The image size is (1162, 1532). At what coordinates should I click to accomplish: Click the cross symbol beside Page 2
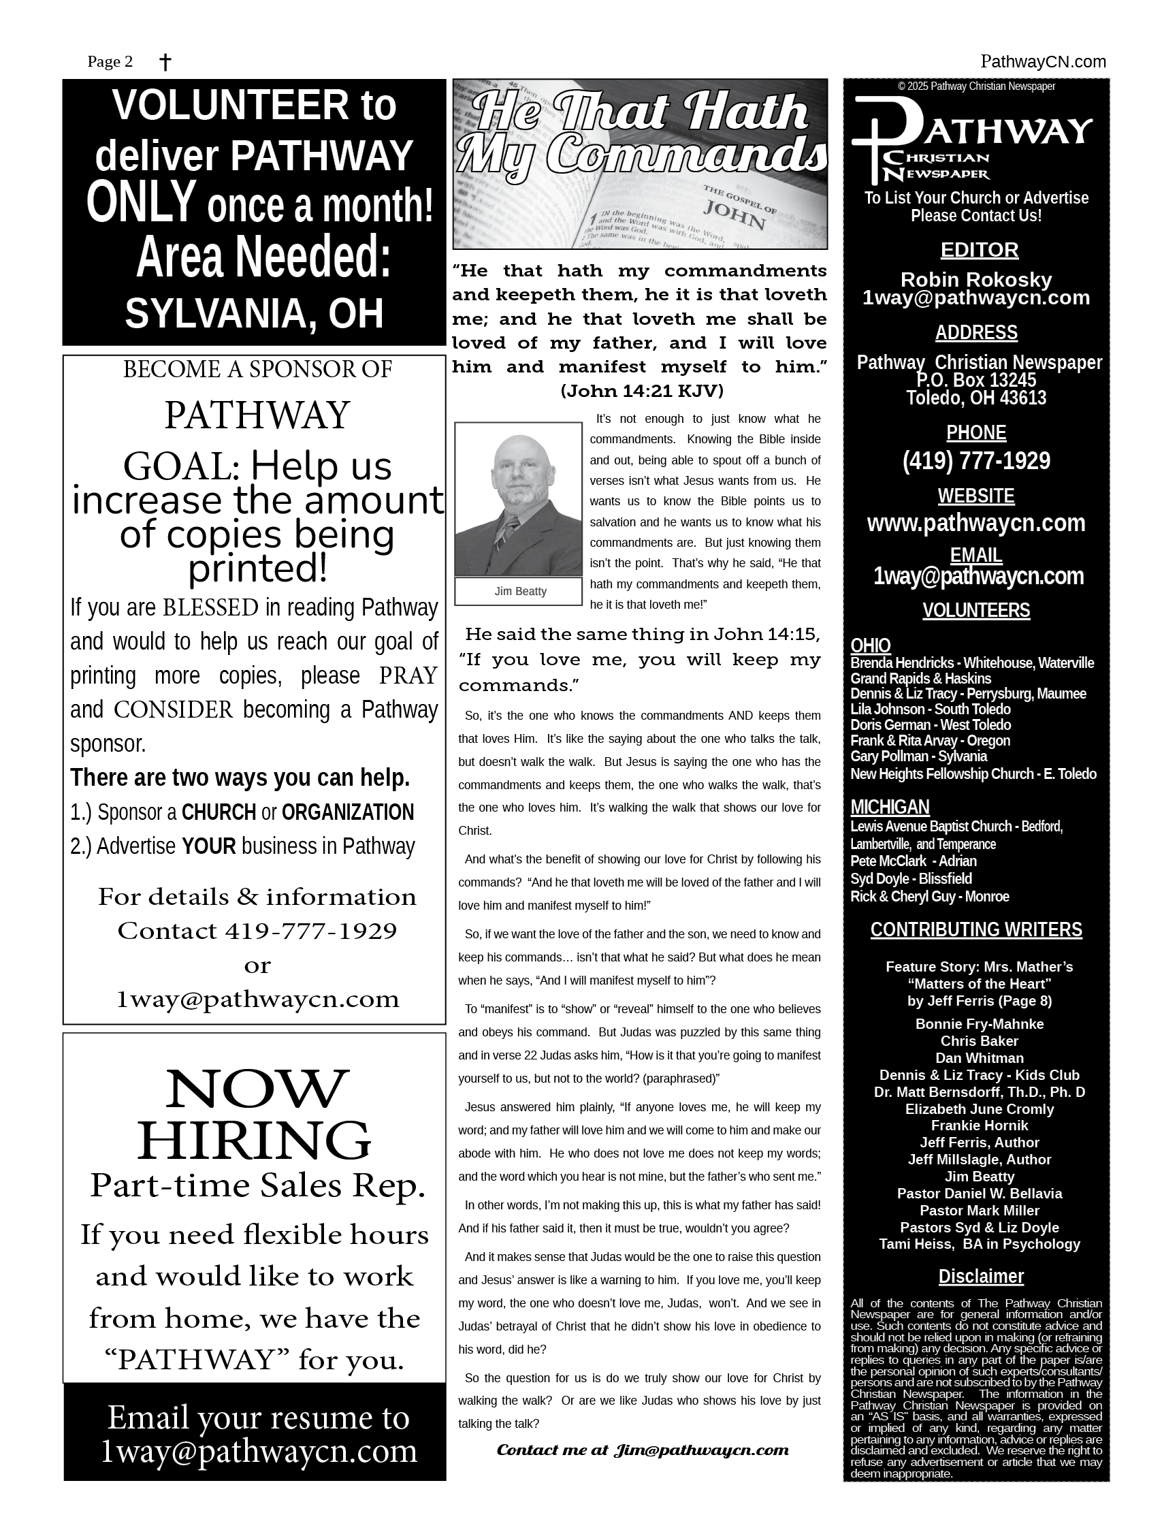165,63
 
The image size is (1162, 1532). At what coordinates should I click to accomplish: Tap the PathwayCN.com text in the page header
1043,62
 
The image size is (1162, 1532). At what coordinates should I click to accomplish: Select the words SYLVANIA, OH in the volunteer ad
254,313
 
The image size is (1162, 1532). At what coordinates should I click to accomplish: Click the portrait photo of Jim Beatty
518,498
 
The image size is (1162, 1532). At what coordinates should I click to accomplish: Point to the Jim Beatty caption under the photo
520,591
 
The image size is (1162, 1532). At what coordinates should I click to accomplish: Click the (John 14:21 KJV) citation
642,392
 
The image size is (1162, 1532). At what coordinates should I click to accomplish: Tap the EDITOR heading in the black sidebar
979,250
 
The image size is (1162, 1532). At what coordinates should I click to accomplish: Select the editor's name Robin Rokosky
975,280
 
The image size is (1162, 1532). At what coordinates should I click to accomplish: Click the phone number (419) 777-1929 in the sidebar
975,460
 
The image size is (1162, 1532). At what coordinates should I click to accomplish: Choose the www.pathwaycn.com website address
975,523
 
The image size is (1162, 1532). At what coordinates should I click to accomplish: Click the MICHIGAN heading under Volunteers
890,807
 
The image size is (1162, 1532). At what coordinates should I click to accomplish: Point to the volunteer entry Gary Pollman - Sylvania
918,756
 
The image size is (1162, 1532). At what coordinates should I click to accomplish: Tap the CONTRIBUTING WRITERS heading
975,929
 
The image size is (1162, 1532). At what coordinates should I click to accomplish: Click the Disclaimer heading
980,1276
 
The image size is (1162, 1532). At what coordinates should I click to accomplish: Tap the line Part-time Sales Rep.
257,1185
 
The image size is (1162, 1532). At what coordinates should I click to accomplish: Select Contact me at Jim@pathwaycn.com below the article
642,1450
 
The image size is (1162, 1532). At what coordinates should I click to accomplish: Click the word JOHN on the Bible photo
734,214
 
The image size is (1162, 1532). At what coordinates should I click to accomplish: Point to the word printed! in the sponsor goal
257,569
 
